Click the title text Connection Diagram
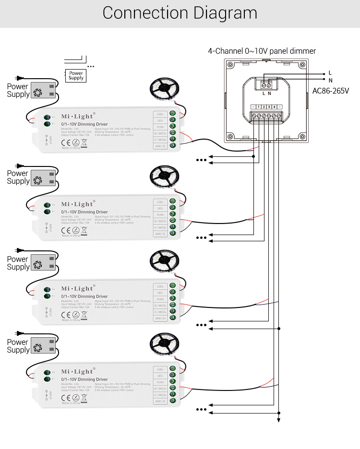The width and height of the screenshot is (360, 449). (x=180, y=13)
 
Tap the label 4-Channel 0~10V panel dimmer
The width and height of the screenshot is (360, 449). (x=262, y=51)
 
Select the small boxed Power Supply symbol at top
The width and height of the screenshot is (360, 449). (x=76, y=75)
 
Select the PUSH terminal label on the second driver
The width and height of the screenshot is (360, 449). (x=160, y=215)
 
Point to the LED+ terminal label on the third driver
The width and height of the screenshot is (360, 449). (x=160, y=286)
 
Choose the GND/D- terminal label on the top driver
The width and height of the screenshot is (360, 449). (x=160, y=146)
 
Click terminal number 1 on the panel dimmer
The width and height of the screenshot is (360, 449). (x=258, y=106)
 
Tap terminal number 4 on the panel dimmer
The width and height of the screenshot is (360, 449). (x=274, y=106)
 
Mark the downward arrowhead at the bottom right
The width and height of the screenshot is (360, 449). (x=278, y=421)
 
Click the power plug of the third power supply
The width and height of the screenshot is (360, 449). (x=19, y=250)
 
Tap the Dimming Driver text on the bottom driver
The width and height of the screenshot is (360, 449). (x=84, y=379)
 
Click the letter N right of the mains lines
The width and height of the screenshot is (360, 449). (x=330, y=80)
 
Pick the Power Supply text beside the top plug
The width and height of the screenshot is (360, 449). (x=18, y=91)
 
